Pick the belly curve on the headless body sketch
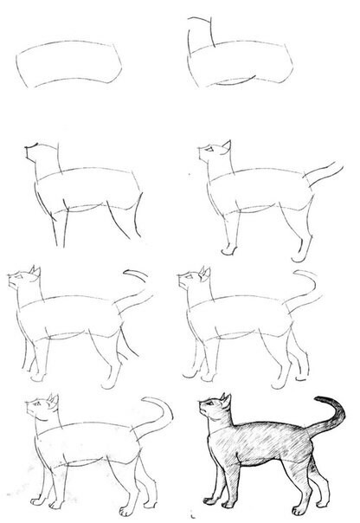click(234, 83)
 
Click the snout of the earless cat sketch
click(30, 150)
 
